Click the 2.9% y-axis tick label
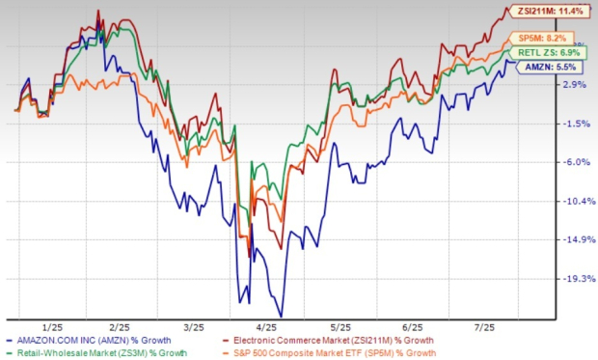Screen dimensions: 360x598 point(574,85)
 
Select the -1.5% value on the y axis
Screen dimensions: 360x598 point(574,124)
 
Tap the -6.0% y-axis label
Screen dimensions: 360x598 point(574,162)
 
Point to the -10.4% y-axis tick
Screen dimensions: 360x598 point(573,201)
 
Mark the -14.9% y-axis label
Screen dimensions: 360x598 point(573,239)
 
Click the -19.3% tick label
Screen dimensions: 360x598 point(573,278)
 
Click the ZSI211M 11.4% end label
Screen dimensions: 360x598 point(551,11)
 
